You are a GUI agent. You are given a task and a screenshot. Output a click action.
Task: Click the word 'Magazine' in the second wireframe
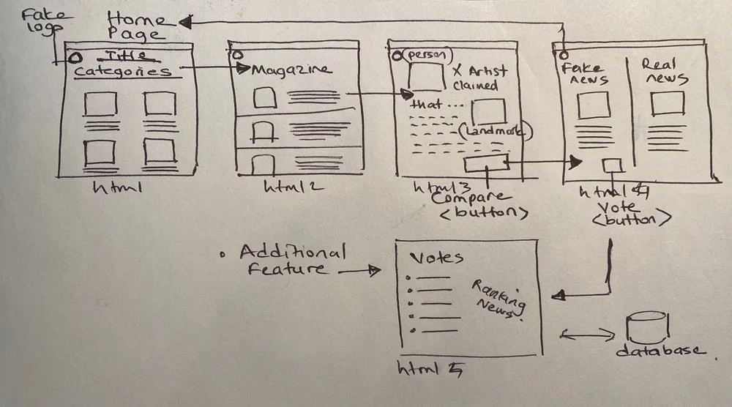coord(291,71)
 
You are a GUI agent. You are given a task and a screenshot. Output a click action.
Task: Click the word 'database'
coord(659,351)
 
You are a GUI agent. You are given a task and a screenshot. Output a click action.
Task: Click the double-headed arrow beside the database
coord(587,335)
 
